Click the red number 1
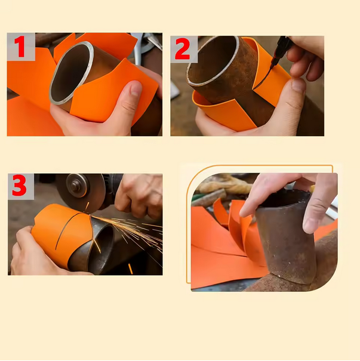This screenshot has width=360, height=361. (x=20, y=47)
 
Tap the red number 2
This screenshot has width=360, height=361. (x=183, y=49)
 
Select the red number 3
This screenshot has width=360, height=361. (x=19, y=186)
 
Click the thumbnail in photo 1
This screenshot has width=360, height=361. (x=136, y=88)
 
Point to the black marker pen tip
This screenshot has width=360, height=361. (x=271, y=67)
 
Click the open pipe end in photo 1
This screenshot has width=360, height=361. (x=72, y=73)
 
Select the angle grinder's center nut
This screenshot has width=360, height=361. (x=75, y=186)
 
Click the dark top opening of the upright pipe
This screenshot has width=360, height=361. (x=285, y=199)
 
